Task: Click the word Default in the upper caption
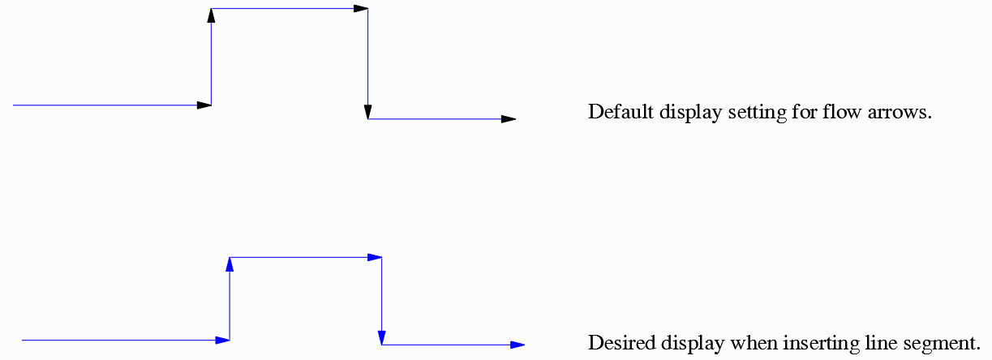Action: (x=616, y=112)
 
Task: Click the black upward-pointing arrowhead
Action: (x=211, y=15)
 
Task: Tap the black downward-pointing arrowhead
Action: (x=368, y=112)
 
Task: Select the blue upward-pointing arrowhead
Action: (x=230, y=264)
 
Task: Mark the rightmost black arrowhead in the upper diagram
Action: (x=508, y=119)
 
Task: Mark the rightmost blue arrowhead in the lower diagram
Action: (x=517, y=345)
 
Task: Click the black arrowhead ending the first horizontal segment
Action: (x=204, y=105)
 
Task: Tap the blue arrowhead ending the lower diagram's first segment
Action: (x=222, y=340)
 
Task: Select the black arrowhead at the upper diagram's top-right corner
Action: (x=360, y=9)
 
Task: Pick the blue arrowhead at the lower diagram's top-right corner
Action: (x=374, y=257)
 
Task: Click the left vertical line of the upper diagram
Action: (x=211, y=65)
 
